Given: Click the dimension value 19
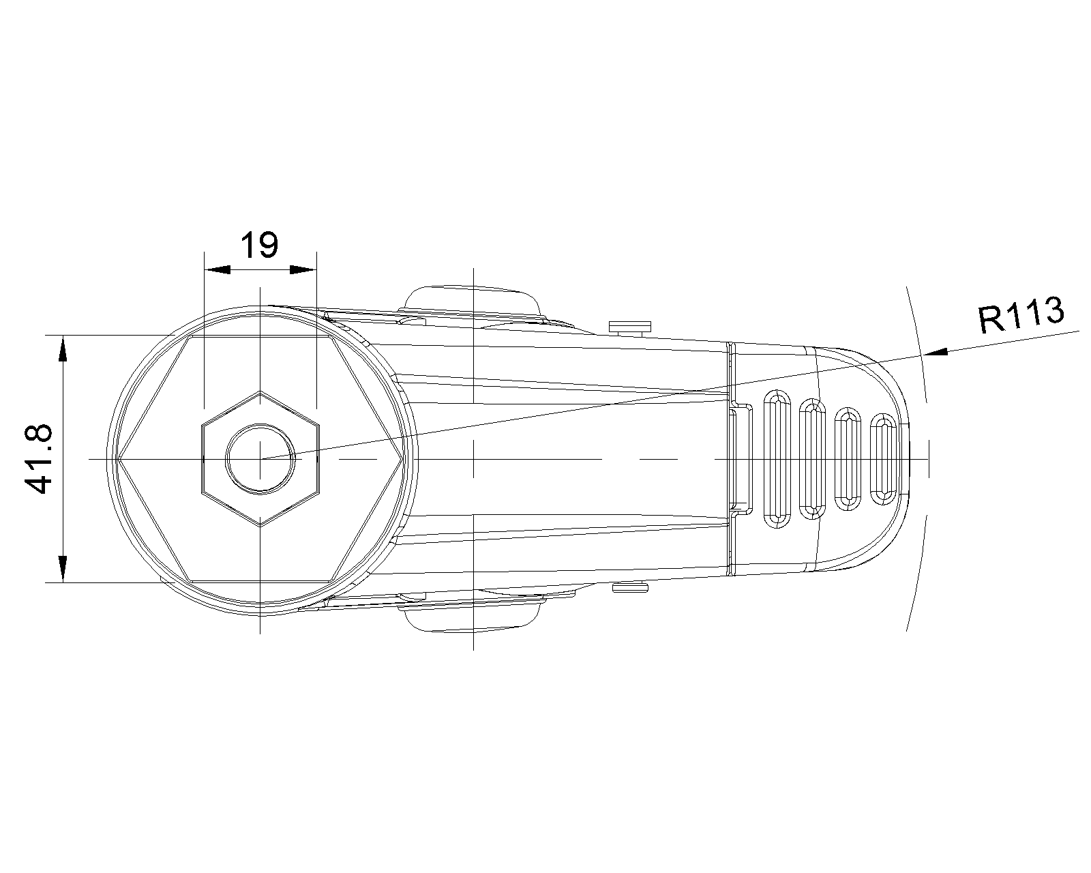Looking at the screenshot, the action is (259, 245).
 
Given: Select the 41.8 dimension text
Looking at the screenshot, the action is (39, 459).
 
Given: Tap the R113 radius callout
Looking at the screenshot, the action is (1021, 316).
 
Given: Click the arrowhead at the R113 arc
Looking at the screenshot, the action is (935, 352).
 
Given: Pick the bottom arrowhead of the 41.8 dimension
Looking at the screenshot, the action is (63, 569).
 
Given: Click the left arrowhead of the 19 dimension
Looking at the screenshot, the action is (217, 270).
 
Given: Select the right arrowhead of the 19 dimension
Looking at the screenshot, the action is (303, 270).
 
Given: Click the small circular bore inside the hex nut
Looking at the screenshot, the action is (260, 459).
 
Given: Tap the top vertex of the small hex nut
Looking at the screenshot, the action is (260, 391).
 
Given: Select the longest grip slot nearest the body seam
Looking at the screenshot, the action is (777, 459).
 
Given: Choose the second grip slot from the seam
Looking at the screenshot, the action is (812, 459).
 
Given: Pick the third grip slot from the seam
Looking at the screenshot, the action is (848, 459).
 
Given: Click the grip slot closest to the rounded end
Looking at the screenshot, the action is (883, 459).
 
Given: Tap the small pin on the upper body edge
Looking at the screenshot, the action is (630, 327).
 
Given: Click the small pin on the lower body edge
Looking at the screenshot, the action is (630, 587).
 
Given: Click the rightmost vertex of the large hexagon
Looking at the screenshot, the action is (402, 459).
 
